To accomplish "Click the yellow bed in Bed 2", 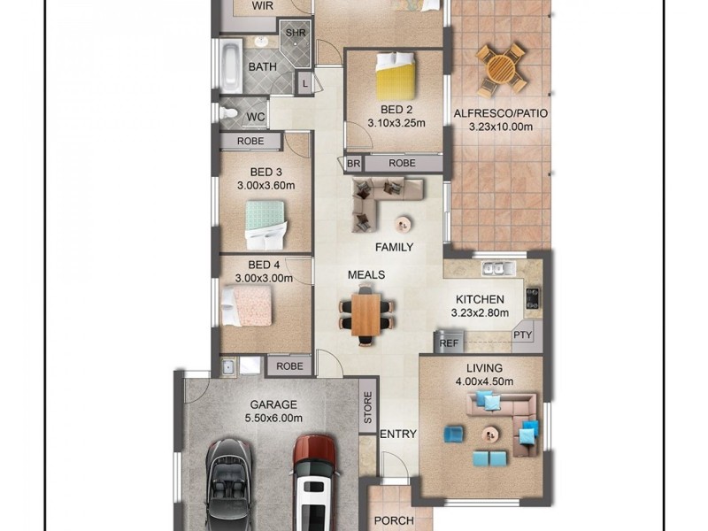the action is pos(396,75).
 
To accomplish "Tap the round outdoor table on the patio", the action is pos(501,69).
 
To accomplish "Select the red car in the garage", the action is pos(315,482).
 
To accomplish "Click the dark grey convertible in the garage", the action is pos(228,484).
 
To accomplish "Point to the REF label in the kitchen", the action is pos(449,343).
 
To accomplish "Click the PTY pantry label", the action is pos(522,335).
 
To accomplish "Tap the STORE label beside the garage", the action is pos(367,407).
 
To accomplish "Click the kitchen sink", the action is pos(498,268).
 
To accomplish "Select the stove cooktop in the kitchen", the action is pos(533,298).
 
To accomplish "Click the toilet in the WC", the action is pos(228,113).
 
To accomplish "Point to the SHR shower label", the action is pos(296,33).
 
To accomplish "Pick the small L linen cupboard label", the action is pos(305,83).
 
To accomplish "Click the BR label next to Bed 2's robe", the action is pos(353,164).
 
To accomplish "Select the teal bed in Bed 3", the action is pos(265,225).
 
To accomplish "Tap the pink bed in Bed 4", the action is pos(247,306).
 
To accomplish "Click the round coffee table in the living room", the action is pos(489,435).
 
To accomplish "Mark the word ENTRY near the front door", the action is pos(398,435).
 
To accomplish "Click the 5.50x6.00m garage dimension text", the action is pos(273,418).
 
